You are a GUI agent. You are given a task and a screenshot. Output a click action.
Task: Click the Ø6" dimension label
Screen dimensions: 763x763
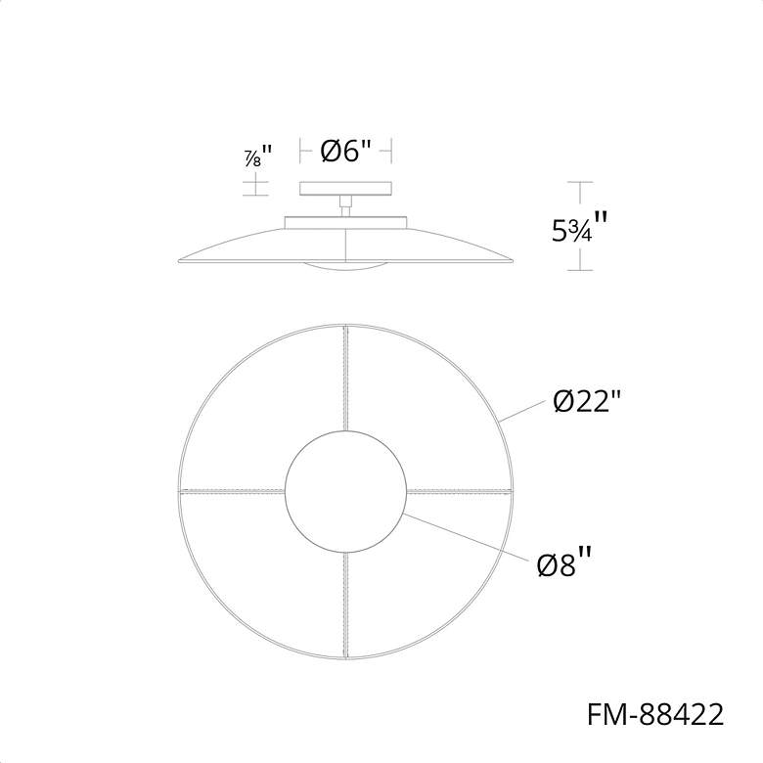[x=346, y=151]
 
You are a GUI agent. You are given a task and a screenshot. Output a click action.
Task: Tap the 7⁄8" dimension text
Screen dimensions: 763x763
[x=257, y=157]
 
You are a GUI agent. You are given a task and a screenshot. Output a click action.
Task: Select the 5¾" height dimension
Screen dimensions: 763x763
[x=579, y=228]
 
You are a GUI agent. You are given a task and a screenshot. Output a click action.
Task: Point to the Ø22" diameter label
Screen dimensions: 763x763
[x=587, y=402]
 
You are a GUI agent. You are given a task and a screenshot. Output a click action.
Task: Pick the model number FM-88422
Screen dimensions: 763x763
[x=655, y=715]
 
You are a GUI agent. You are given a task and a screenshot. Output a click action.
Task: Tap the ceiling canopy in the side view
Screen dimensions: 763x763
[x=346, y=189]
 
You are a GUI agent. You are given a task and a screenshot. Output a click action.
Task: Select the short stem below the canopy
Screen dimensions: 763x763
[x=345, y=205]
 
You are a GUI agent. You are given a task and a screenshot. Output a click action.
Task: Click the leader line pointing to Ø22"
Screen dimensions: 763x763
[x=521, y=410]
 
